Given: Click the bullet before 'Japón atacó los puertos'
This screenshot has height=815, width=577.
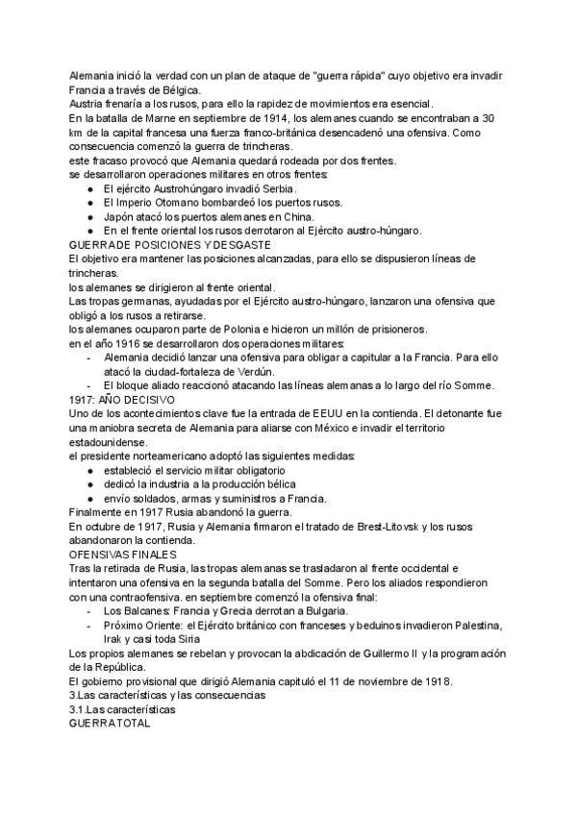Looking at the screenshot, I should tap(89, 218).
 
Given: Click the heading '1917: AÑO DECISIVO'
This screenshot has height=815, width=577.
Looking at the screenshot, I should tap(122, 398).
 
